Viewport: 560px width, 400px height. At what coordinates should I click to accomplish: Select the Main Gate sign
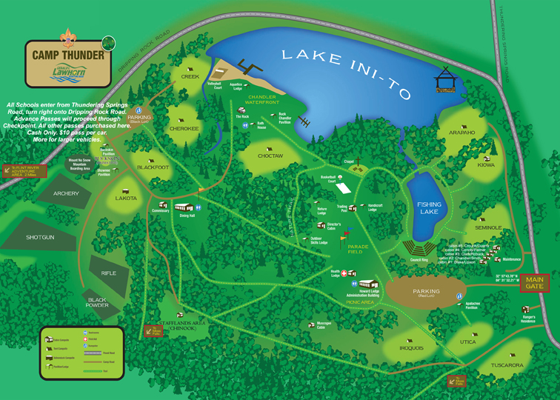point(534,282)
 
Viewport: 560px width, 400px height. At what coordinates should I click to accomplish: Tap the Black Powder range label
point(97,302)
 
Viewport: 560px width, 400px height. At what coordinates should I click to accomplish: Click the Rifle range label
point(108,273)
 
